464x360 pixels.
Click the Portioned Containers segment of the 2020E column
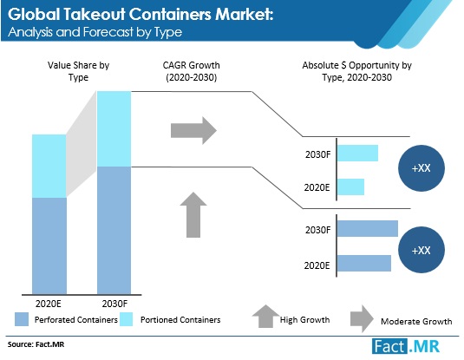point(49,166)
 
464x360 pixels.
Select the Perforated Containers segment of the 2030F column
point(114,231)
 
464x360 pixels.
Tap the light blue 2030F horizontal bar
point(358,153)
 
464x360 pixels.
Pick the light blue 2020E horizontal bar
point(350,187)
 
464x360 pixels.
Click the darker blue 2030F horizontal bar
point(368,228)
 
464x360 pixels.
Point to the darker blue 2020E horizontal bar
point(364,263)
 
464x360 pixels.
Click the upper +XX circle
point(422,168)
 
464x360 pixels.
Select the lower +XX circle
point(422,250)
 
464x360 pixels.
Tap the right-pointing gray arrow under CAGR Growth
point(193,131)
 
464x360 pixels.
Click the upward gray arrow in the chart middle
point(193,215)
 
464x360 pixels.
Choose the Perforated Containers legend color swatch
point(22,319)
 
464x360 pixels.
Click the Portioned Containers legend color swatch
point(127,319)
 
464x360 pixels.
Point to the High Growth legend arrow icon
point(265,316)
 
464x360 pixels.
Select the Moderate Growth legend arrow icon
point(362,319)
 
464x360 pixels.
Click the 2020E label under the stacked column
point(49,304)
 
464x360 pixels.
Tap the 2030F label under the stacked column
point(114,304)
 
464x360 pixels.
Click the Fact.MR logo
point(406,346)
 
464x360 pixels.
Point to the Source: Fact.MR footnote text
point(36,344)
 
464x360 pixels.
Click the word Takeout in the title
point(95,14)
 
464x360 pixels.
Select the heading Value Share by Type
point(78,71)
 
